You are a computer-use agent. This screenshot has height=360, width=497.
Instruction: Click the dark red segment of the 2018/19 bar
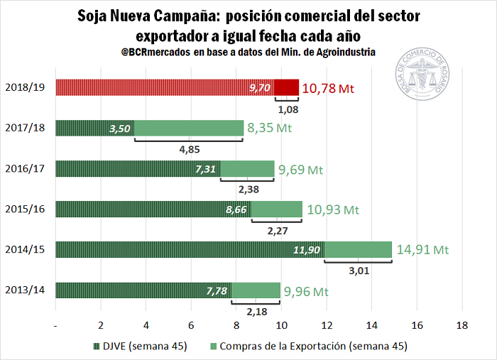[x=286, y=87]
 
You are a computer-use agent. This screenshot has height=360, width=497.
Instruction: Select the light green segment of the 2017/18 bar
[x=188, y=129]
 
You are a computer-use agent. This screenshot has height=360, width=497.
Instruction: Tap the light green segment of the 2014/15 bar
[x=358, y=250]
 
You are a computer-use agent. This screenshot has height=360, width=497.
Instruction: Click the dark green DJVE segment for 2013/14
[x=142, y=290]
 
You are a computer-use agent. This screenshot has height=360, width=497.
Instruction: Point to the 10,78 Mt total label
[x=327, y=88]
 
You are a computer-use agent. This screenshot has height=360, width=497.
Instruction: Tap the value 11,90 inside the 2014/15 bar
[x=307, y=250]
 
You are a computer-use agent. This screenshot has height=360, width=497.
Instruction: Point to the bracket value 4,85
[x=187, y=150]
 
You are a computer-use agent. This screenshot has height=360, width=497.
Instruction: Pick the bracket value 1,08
[x=287, y=110]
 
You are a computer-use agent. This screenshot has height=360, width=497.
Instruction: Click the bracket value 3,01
[x=358, y=271]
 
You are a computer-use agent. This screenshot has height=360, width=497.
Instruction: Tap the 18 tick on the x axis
[x=462, y=324]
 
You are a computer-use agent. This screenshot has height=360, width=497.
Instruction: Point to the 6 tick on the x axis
[x=191, y=324]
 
